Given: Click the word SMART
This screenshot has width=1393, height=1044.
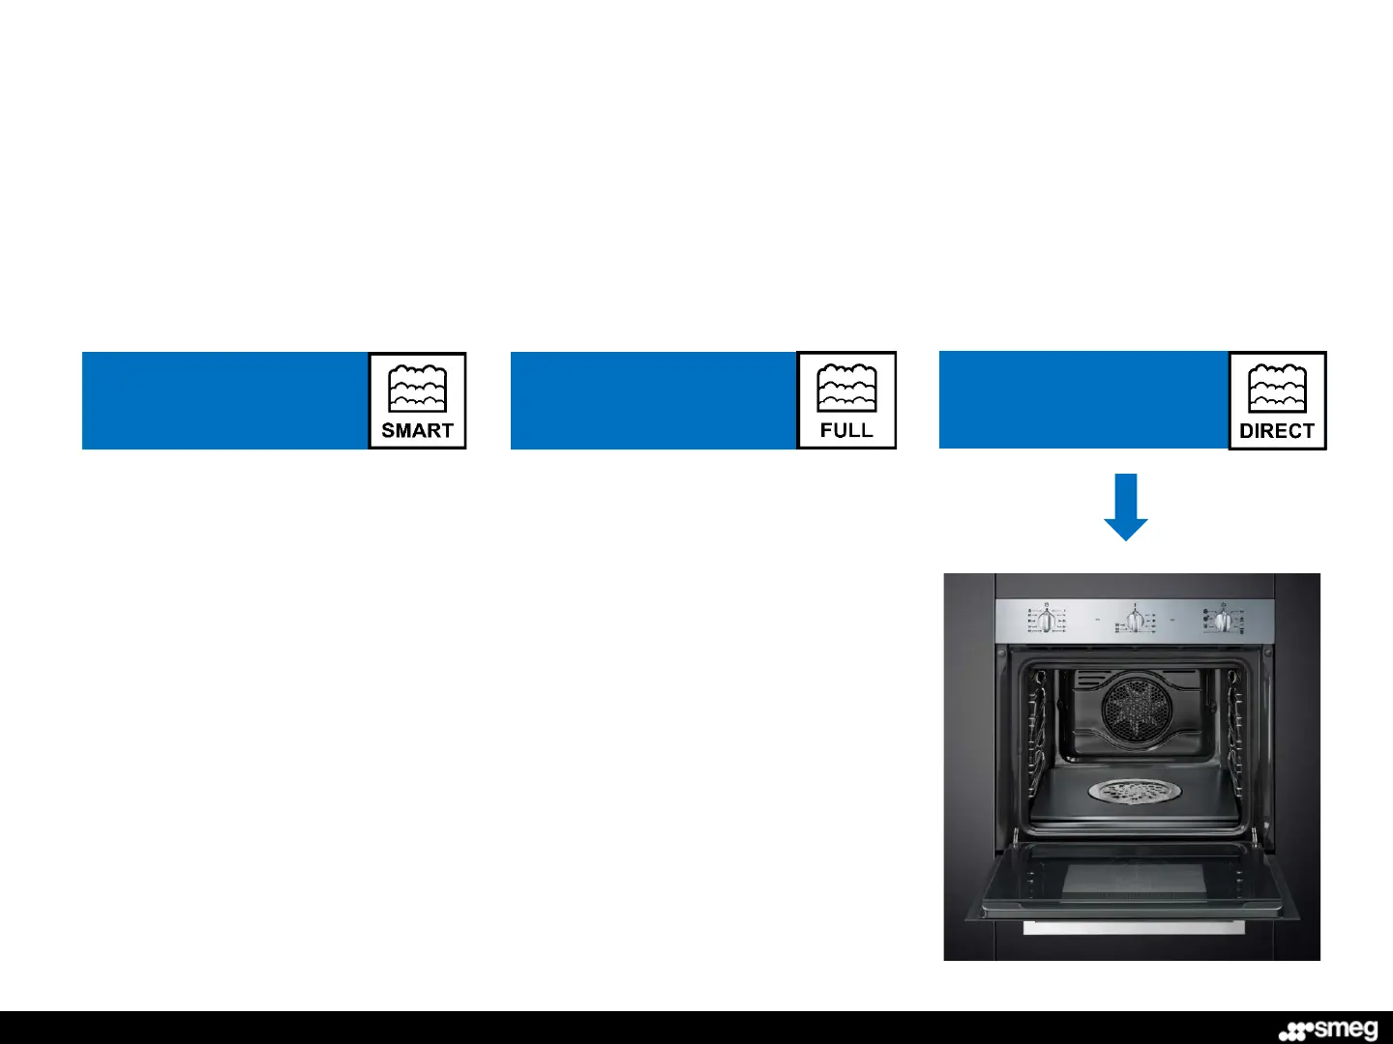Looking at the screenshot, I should click(417, 430).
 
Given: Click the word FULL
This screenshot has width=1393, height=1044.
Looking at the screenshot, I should click(846, 430).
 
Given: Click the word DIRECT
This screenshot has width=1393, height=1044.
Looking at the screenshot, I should click(1277, 431).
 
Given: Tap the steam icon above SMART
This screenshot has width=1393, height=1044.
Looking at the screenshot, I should click(417, 389).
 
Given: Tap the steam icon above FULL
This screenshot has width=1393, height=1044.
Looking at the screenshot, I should click(846, 389).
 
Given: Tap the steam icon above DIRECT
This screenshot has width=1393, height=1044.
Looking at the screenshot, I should click(1277, 389).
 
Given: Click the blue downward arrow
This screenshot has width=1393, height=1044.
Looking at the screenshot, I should click(1126, 507).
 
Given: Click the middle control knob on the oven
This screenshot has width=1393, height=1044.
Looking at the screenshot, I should click(1135, 620).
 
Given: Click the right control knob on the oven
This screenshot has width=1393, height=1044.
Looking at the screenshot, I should click(1222, 620).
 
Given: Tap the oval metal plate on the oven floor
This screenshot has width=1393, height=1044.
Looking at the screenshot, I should click(1135, 793).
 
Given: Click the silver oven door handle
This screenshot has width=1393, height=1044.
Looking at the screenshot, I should click(1134, 928).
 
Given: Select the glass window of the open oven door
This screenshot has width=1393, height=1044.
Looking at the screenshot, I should click(1134, 881).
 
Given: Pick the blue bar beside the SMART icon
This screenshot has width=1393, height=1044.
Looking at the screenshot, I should click(224, 400).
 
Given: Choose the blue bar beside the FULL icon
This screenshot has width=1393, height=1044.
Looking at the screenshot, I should click(653, 400).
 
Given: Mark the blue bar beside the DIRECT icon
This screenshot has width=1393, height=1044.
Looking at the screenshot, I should click(1083, 400).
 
